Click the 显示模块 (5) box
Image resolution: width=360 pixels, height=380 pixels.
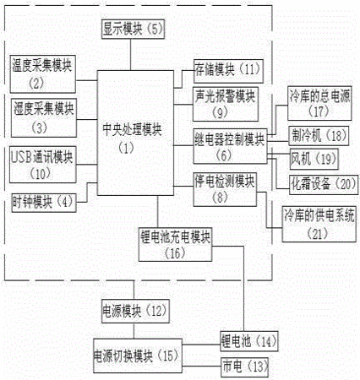pos(133,29)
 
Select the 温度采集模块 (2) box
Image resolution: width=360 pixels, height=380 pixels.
pos(43,74)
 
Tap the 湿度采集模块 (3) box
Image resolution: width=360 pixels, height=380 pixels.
pos(44,118)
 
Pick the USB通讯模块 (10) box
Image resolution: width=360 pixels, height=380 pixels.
pos(43,165)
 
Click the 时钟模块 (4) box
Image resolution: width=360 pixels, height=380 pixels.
pos(44,202)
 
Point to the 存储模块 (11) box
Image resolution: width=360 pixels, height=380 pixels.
pos(228,71)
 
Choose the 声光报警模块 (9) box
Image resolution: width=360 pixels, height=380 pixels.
pos(226,104)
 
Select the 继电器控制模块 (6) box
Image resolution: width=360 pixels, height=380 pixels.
pos(230,146)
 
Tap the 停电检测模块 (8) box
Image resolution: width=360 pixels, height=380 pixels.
pos(225,189)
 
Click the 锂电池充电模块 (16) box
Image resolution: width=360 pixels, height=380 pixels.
pos(175,245)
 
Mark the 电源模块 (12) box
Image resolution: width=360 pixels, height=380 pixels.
pos(135,311)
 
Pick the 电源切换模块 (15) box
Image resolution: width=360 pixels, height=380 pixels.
pos(138,356)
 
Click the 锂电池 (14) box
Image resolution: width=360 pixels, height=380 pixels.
pos(249,341)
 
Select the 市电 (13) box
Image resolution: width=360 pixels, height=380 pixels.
pos(244,367)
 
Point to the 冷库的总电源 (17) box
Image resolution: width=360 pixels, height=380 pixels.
pos(319,103)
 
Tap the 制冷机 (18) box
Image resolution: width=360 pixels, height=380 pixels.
pos(319,136)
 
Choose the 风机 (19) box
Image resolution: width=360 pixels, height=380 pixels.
pos(314,160)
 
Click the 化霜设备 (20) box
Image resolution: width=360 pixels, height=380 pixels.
pos(324,185)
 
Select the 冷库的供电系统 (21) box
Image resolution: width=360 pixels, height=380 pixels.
pos(319,224)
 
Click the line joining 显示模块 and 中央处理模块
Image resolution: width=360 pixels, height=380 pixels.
pos(130,54)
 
